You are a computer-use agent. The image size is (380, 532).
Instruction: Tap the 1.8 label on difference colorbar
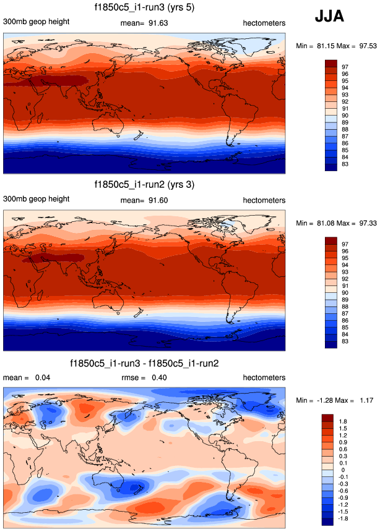[x=344, y=420]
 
